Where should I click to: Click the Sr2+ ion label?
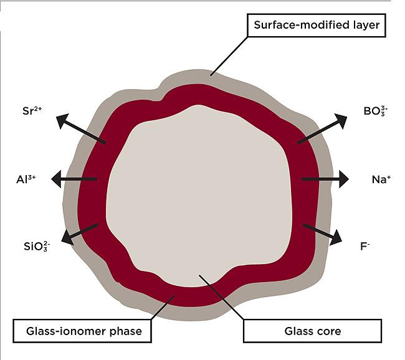[x=31, y=113]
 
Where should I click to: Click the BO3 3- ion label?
[x=376, y=113]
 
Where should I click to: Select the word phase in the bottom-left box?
[x=128, y=331]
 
